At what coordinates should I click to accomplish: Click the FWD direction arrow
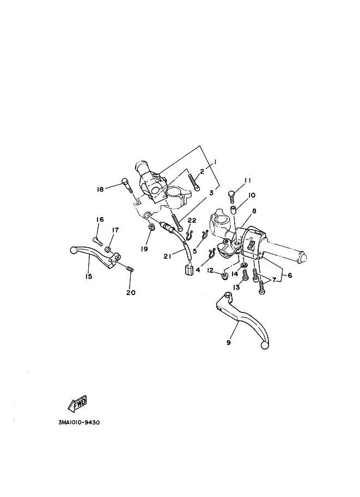pos(77,404)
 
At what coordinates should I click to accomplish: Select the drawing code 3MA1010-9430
pos(79,422)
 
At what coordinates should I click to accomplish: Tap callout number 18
pos(100,189)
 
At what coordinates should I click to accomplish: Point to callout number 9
pos(228,342)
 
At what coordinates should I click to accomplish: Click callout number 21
pos(167,256)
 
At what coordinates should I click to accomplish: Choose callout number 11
pos(247,180)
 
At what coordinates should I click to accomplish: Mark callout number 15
pos(88,277)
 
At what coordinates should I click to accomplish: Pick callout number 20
pos(131,292)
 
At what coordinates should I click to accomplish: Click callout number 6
pos(290,275)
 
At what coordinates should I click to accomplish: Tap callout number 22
pos(192,220)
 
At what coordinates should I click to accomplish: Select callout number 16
pos(100,219)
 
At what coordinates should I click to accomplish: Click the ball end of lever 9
pos(264,346)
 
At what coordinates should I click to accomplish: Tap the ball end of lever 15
pos(74,250)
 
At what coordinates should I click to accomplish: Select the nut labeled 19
pos(152,227)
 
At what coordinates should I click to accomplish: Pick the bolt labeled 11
pos(231,197)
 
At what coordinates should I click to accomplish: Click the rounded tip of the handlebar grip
pos(302,257)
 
